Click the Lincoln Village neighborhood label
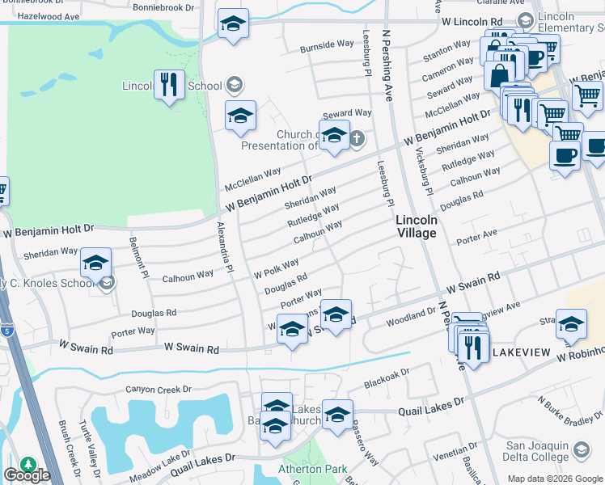[x=417, y=226]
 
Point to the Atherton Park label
[x=312, y=469]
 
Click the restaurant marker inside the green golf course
[x=168, y=84]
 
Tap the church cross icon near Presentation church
[x=357, y=139]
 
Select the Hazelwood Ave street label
[x=49, y=16]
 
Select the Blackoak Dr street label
[x=387, y=377]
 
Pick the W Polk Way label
[x=277, y=267]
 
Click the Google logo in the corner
[x=27, y=475]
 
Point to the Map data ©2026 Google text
[x=554, y=479]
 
